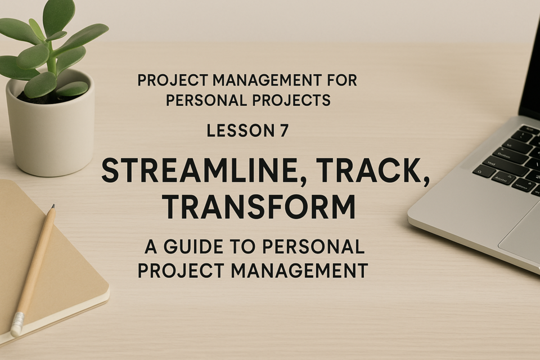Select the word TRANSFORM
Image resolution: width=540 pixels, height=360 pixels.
[x=259, y=206]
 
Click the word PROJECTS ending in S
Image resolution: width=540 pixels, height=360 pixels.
[x=291, y=100]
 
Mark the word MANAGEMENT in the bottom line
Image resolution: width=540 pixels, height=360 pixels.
[x=299, y=271]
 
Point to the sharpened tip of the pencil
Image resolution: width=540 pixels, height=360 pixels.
[x=53, y=206]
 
